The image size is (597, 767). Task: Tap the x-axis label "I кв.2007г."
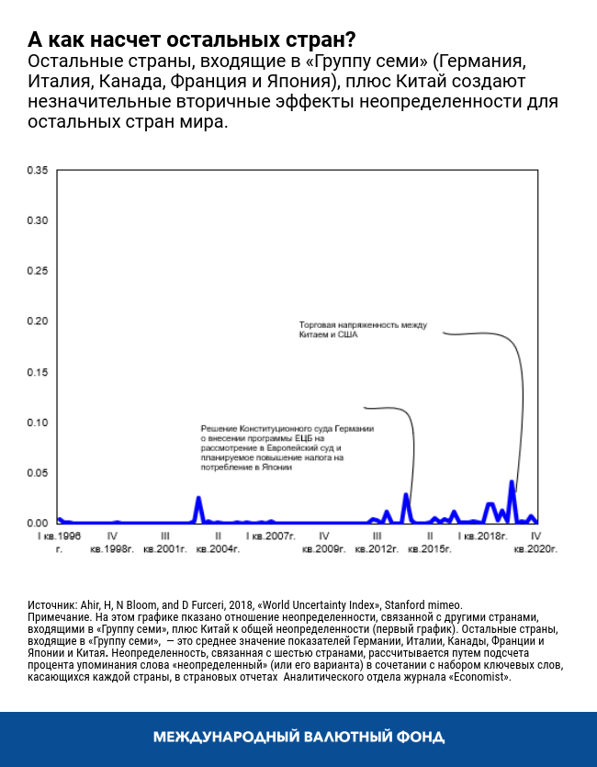coord(270,535)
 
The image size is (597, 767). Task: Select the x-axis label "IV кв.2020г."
coord(535,541)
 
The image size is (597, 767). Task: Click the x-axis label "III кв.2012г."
coord(377,541)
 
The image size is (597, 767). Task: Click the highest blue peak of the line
coord(512,481)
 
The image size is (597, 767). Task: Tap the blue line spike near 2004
coord(198,498)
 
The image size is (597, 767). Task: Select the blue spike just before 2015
coord(405,495)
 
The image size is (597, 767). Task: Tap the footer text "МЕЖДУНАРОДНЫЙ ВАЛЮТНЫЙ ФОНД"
coord(298,737)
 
